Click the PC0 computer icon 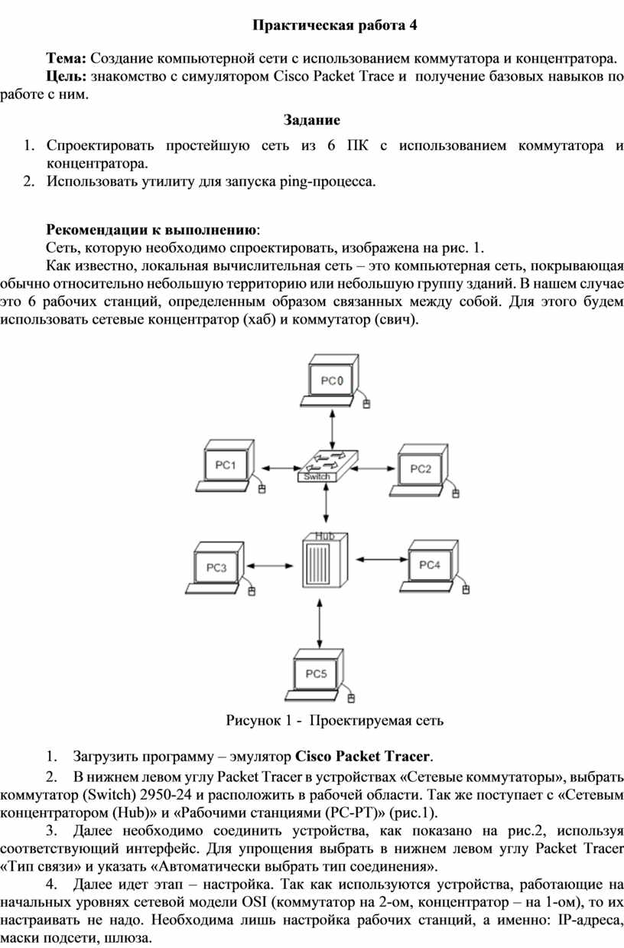point(334,381)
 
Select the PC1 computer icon point(229,467)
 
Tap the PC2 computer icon point(424,471)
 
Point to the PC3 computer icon point(220,568)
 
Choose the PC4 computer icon point(434,566)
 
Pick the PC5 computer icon point(320,675)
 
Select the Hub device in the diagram point(325,560)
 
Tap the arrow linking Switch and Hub point(326,503)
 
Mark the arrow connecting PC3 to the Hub point(270,565)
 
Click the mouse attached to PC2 point(456,494)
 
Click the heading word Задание point(312,120)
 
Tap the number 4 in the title point(413,26)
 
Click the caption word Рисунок point(252,720)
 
